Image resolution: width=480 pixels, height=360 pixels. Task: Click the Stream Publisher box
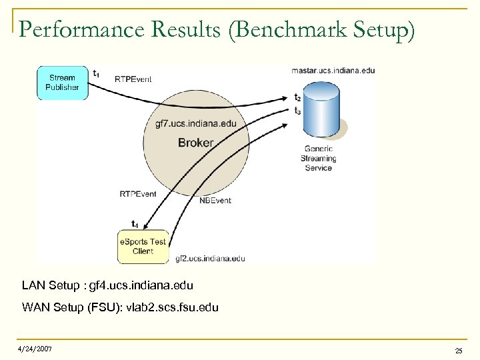[x=63, y=82]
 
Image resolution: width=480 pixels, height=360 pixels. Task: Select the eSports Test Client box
[x=143, y=246]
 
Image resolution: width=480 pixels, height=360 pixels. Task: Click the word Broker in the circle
[x=196, y=143]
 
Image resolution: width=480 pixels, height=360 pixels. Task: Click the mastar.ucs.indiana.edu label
[x=333, y=70]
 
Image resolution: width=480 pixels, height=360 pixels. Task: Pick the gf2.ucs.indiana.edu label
[x=210, y=259]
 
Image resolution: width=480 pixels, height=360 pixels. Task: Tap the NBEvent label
[x=215, y=200]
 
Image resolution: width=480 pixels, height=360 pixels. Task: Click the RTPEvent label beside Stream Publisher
[x=133, y=79]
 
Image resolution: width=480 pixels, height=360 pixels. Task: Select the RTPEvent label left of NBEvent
[x=138, y=194]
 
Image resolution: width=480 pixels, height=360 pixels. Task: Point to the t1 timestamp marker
[x=97, y=73]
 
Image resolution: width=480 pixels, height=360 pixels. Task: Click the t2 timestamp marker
[x=297, y=98]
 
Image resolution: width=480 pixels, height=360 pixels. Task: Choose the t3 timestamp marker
[x=297, y=111]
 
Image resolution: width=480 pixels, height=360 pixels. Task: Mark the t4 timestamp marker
[x=135, y=223]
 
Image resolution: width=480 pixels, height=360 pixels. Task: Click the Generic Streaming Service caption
[x=318, y=159]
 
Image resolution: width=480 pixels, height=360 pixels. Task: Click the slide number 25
[x=458, y=351]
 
